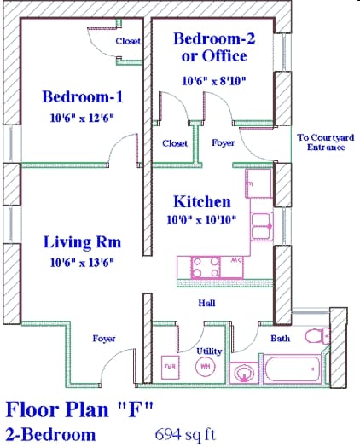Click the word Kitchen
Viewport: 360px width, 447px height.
(x=202, y=202)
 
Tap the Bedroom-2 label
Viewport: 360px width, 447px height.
(x=211, y=39)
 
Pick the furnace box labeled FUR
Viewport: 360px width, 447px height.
(x=169, y=367)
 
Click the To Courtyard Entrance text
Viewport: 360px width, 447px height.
(x=321, y=142)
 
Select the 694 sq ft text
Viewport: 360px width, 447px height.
(x=186, y=433)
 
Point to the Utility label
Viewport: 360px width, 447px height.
(x=210, y=351)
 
